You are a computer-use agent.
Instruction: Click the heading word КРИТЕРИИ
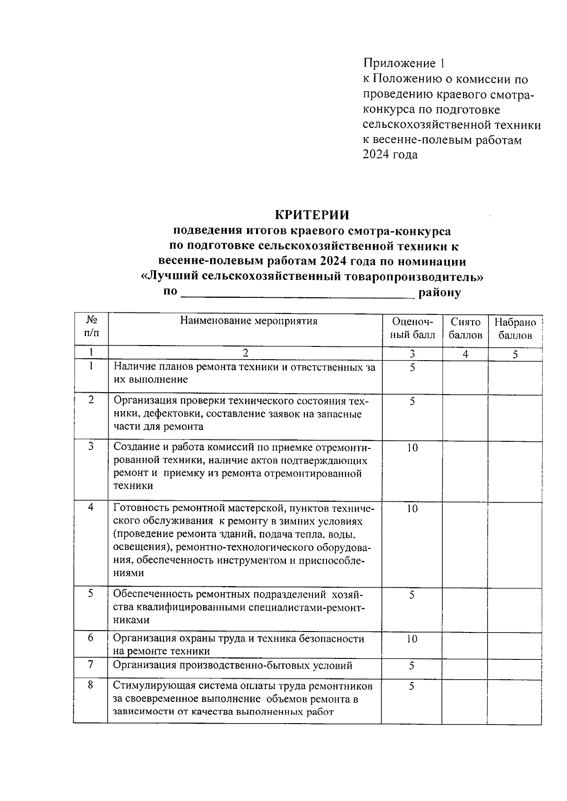coord(312,215)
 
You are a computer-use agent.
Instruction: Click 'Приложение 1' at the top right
coord(404,63)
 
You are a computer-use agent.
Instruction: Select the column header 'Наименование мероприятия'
coord(249,321)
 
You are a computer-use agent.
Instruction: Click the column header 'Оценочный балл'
coord(412,329)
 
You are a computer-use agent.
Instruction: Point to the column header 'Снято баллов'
coord(465,329)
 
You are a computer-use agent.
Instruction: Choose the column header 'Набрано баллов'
coord(515,329)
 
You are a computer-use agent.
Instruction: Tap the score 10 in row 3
coord(412,447)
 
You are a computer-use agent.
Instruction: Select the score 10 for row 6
coord(412,639)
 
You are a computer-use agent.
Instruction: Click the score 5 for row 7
coord(412,666)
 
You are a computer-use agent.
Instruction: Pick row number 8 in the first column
coord(91,685)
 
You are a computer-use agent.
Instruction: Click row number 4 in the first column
coord(91,507)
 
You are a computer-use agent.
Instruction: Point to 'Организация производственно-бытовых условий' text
coord(232,666)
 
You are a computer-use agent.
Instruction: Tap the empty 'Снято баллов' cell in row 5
coord(465,608)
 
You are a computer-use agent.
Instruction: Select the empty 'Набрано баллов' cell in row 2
coord(515,417)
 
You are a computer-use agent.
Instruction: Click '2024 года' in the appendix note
coord(390,154)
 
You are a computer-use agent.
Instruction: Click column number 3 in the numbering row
coord(412,354)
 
